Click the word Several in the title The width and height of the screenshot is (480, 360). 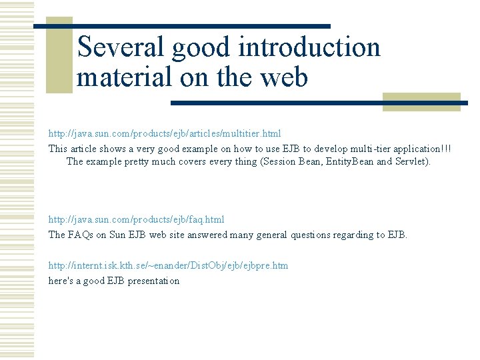(121, 47)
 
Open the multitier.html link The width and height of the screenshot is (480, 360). (165, 133)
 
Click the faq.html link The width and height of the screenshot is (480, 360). (136, 219)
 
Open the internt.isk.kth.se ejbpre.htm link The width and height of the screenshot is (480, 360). (168, 265)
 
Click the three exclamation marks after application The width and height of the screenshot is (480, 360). (445, 148)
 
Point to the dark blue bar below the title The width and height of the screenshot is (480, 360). (320, 103)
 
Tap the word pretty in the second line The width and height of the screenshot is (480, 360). (137, 162)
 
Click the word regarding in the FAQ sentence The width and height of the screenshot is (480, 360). (355, 235)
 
